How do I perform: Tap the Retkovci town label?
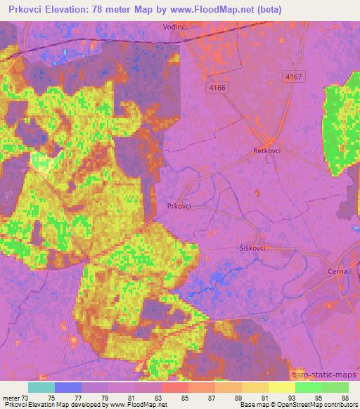(266, 151)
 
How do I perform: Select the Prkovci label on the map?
(180, 206)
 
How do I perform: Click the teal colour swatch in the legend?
(41, 387)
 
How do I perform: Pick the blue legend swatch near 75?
(67, 387)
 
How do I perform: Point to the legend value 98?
(345, 398)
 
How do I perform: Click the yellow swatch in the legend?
(281, 387)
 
